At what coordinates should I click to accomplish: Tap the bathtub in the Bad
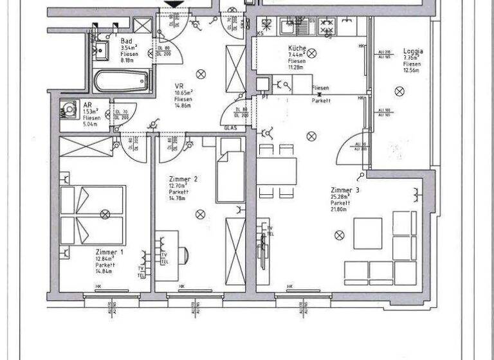click(121, 82)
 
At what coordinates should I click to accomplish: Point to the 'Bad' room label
click(126, 41)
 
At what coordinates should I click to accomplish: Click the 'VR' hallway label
click(179, 85)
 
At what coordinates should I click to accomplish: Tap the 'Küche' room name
click(296, 48)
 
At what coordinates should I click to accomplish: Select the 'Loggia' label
click(412, 51)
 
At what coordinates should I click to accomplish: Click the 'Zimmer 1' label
click(109, 252)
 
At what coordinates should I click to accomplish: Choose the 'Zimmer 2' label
click(183, 179)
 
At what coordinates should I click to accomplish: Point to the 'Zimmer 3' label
click(345, 191)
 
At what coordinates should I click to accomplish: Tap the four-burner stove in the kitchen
click(326, 26)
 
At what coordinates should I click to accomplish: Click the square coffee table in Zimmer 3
click(367, 233)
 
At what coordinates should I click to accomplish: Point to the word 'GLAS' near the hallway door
click(231, 129)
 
